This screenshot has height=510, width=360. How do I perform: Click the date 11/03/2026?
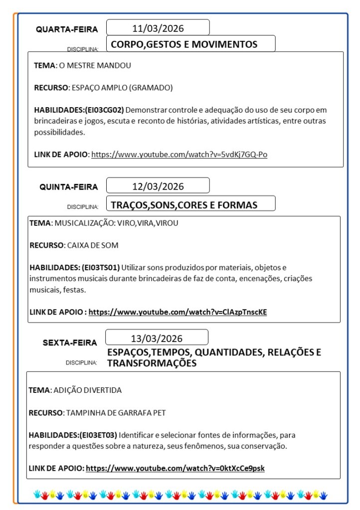pos(158,28)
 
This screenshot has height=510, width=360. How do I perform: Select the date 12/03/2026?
pos(158,186)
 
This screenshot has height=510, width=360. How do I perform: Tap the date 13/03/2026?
pos(157,339)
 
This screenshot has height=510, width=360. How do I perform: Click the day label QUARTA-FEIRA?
pos(67,29)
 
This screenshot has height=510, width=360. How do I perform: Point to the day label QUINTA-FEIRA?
pos(69,187)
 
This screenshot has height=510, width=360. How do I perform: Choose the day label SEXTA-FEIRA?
pos(70,343)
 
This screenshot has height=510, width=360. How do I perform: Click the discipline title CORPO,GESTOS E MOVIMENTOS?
pos(184,44)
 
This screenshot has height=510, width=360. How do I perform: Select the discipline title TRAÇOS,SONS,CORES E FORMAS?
pos(184,205)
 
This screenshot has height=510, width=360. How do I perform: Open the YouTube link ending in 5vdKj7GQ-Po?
pos(179,155)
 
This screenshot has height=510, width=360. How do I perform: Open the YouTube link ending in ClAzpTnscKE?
pos(178,312)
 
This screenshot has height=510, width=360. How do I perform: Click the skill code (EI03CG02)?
pos(104,110)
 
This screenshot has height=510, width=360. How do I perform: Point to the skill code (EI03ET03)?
pos(98,435)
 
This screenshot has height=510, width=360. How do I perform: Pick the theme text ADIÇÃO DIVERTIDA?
pos(87,390)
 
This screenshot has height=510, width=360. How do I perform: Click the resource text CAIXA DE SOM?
pos(92,245)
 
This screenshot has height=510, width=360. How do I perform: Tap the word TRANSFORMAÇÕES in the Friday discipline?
pos(152,363)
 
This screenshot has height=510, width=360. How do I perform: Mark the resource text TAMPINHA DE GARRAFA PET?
pos(115,413)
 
